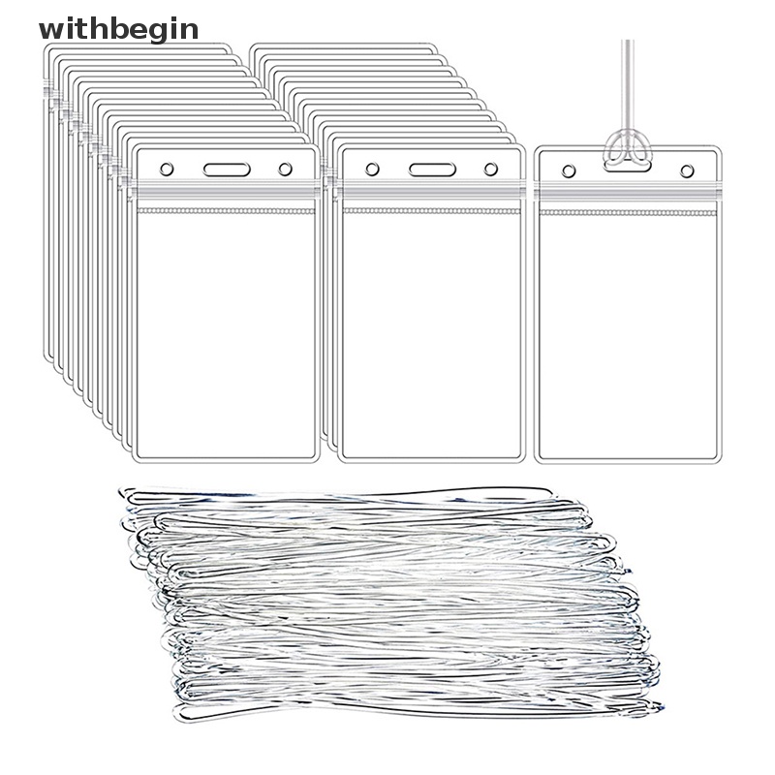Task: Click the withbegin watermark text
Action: coord(118,29)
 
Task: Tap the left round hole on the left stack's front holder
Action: coord(167,170)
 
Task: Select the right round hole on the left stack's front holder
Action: coord(285,170)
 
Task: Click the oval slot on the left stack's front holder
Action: coord(227,170)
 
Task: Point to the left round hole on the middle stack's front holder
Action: coord(372,170)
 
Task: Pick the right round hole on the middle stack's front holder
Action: coord(490,170)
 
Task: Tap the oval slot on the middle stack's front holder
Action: coord(432,170)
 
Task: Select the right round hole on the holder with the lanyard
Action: coord(687,170)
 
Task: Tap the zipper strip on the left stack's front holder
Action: coord(226,197)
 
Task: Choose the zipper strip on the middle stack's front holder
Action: coord(432,197)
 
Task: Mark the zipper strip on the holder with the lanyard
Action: coord(628,197)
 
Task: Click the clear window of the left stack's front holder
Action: coord(226,329)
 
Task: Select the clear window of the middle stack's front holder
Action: coord(432,329)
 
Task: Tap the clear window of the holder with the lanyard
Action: coord(628,329)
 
